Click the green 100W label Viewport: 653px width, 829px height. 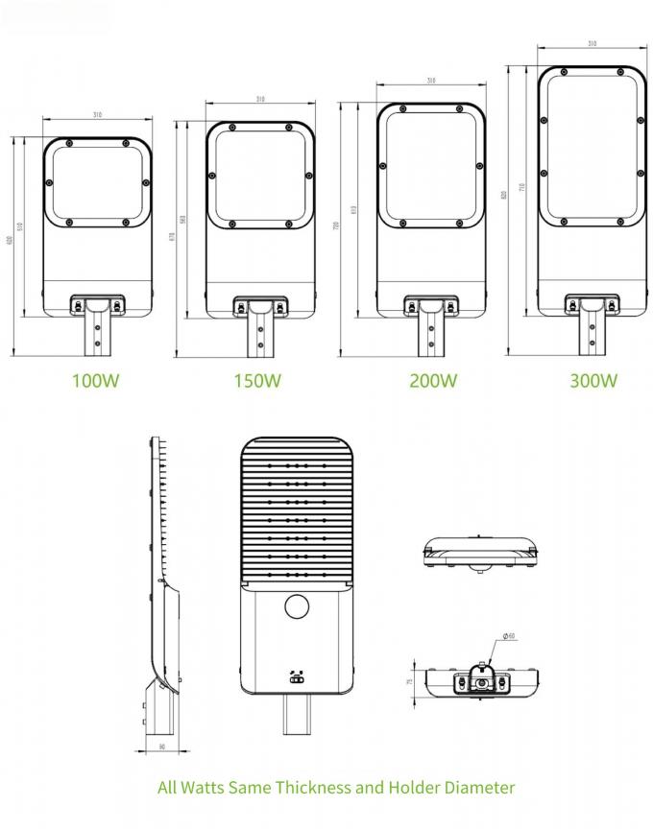click(x=96, y=380)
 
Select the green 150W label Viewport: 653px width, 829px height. click(x=257, y=380)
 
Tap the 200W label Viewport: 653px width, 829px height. click(x=433, y=380)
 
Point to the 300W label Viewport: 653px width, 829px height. click(x=593, y=380)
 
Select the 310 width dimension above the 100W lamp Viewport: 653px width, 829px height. click(x=97, y=116)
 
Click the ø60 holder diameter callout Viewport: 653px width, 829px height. click(x=510, y=636)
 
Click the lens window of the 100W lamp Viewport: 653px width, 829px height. click(x=97, y=181)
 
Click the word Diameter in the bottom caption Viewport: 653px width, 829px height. click(x=474, y=788)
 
